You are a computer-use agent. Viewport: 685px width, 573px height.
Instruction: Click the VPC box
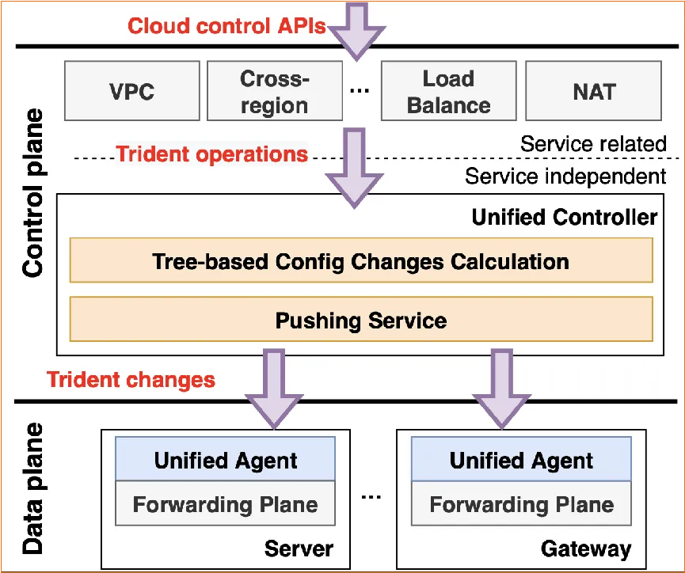click(132, 92)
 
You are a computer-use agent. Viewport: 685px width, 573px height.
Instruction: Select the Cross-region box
click(274, 92)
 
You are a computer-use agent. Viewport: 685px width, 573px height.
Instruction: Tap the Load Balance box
click(448, 92)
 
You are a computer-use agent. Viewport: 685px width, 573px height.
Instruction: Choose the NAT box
click(593, 92)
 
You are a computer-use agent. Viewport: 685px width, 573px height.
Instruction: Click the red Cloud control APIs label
click(227, 26)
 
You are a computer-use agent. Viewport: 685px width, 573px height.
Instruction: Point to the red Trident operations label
click(212, 154)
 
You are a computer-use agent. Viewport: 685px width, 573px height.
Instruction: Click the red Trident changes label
click(131, 380)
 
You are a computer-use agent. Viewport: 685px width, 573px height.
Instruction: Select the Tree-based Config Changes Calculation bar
click(360, 261)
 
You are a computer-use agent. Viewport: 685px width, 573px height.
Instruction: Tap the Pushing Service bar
click(360, 321)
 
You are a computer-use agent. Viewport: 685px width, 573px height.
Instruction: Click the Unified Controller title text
click(564, 217)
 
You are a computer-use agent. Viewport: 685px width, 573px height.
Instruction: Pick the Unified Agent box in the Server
click(226, 460)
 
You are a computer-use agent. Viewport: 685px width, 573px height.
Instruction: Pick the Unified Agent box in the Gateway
click(521, 460)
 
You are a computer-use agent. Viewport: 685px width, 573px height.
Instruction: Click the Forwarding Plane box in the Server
click(226, 504)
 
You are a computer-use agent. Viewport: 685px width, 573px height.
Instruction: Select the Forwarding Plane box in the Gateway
click(521, 504)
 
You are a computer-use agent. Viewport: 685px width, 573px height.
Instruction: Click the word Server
click(299, 548)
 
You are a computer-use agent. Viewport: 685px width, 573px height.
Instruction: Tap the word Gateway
click(586, 548)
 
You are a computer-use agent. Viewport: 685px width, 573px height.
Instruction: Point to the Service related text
click(593, 144)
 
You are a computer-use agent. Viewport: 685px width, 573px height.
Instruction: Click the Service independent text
click(565, 176)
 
